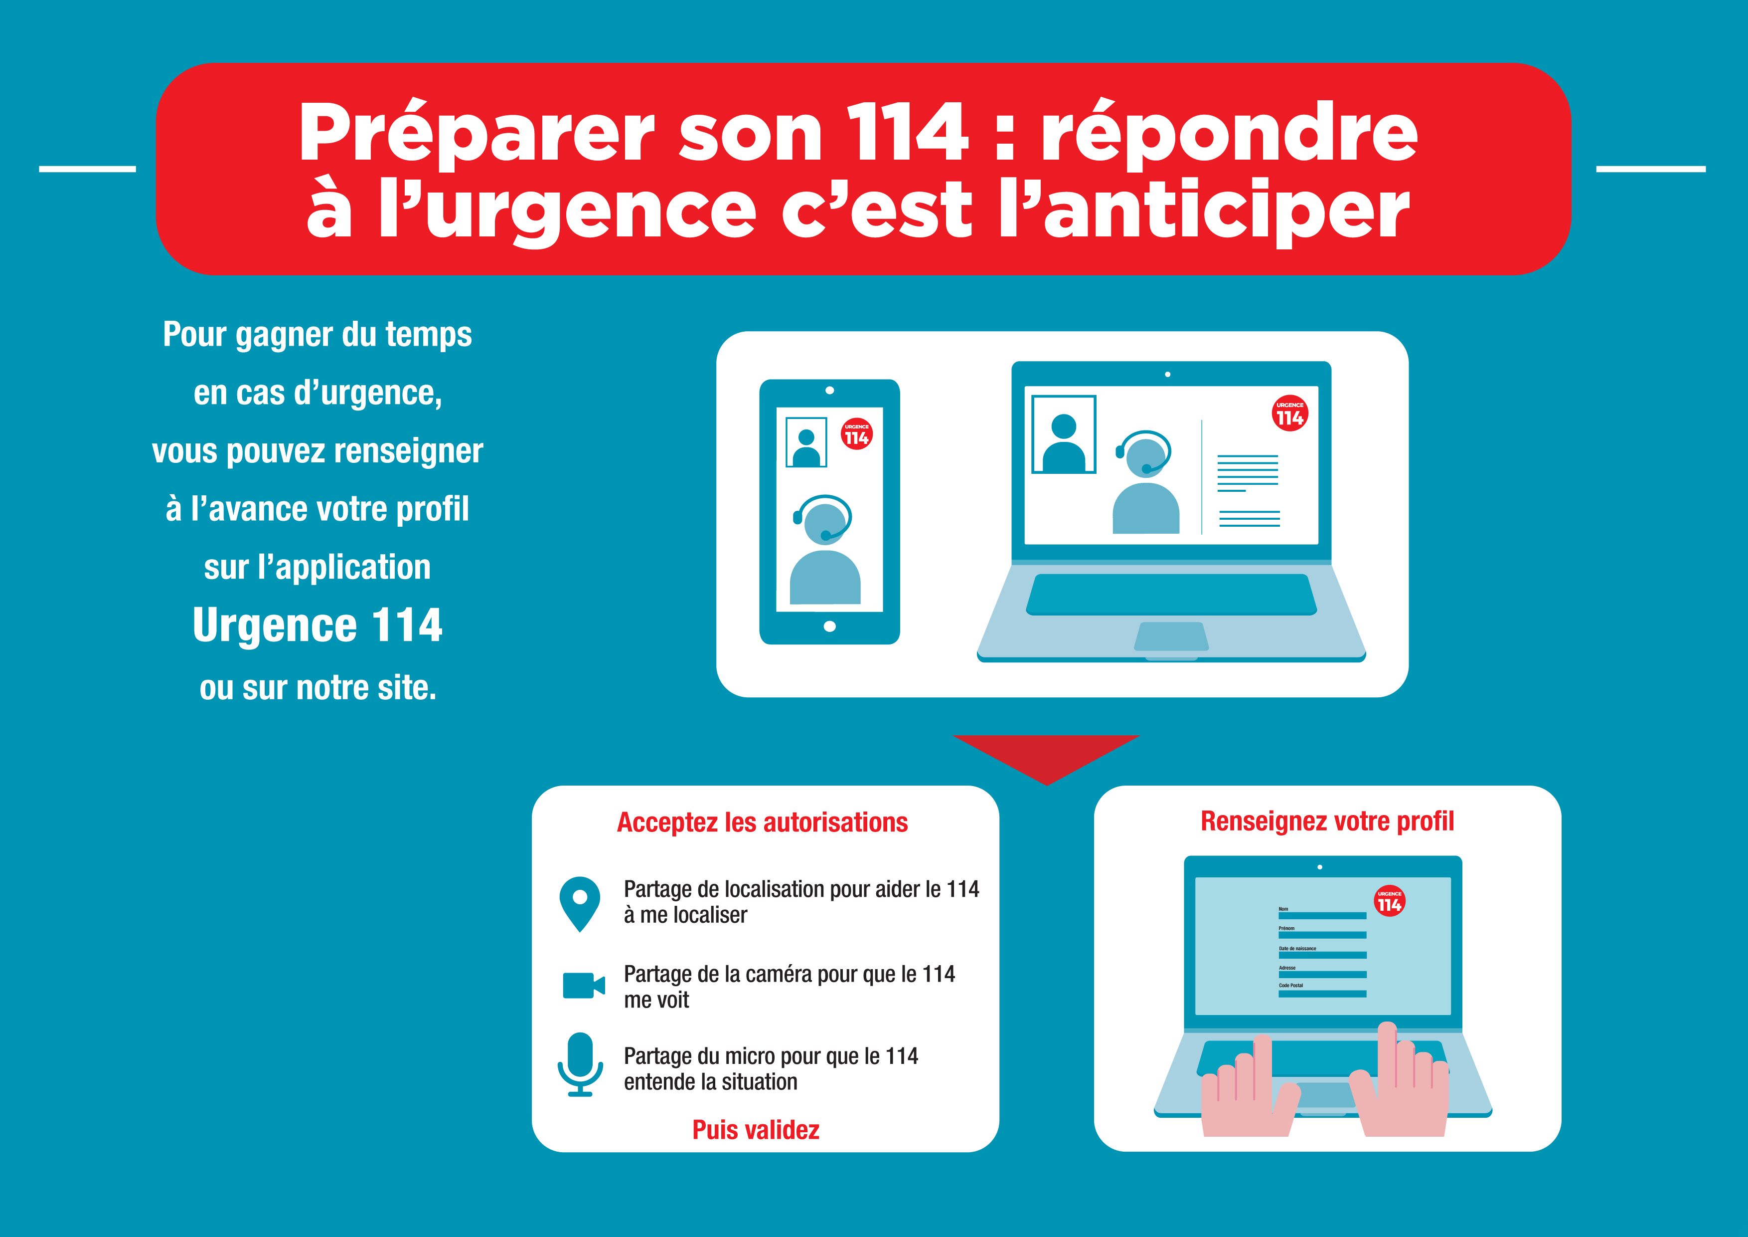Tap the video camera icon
tap(583, 986)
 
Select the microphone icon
tap(580, 1064)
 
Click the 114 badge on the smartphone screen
tap(856, 434)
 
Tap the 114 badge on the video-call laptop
tap(1289, 413)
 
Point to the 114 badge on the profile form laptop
tap(1390, 901)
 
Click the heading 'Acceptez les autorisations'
tap(762, 823)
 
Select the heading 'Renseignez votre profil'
tap(1327, 821)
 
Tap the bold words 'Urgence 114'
tap(318, 625)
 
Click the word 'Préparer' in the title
tap(477, 133)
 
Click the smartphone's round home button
tap(830, 626)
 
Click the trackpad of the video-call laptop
tap(1171, 637)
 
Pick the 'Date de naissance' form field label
tap(1297, 948)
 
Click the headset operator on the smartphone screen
tap(824, 549)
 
